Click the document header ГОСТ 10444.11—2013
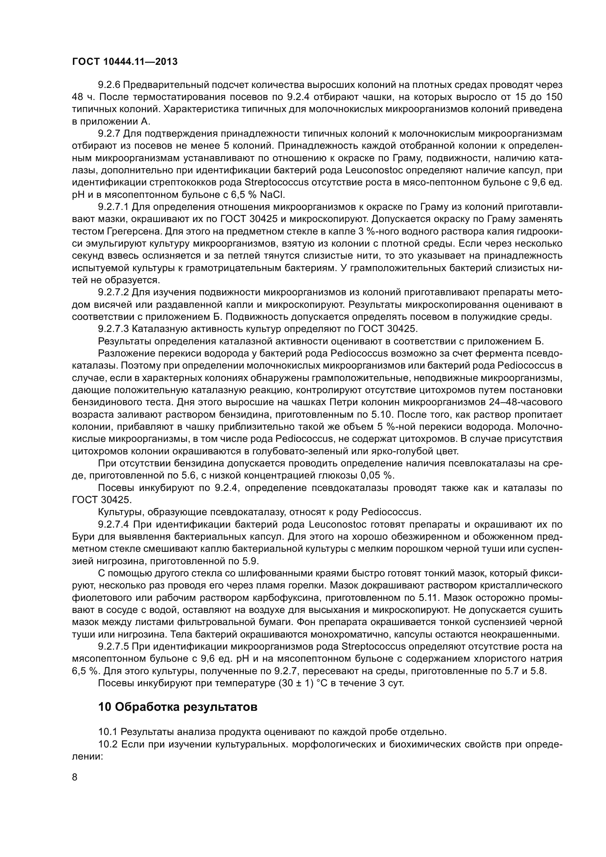click(x=125, y=62)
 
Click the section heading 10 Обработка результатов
click(x=178, y=707)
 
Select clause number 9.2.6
click(x=109, y=85)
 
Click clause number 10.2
click(x=108, y=744)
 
